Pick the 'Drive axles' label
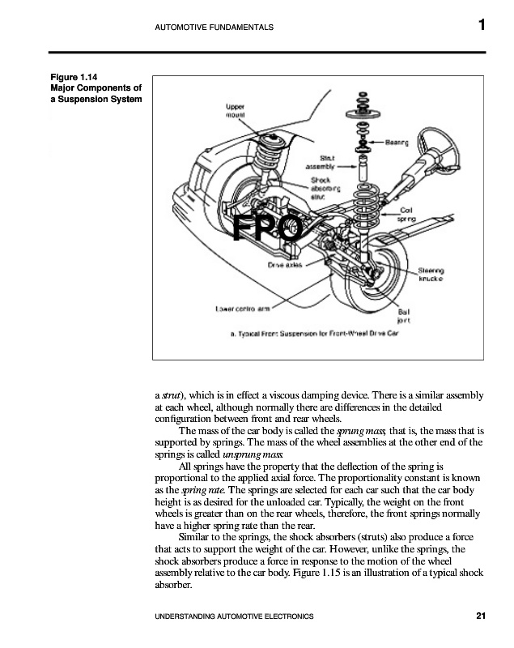285,265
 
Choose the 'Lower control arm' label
242,308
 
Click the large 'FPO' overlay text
267,230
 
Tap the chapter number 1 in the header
481,26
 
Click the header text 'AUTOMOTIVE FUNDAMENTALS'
213,28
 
